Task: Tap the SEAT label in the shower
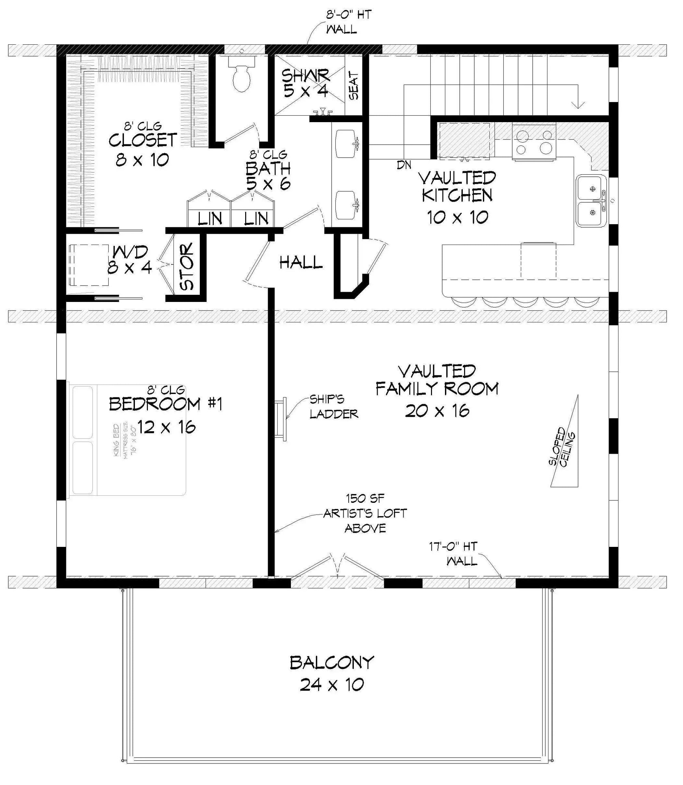354,86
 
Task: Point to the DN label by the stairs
404,165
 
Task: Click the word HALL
301,263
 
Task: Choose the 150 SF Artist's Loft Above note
365,513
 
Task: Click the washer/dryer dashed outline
89,265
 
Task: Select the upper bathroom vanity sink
347,144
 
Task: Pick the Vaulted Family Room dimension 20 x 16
437,411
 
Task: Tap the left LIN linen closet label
210,219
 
